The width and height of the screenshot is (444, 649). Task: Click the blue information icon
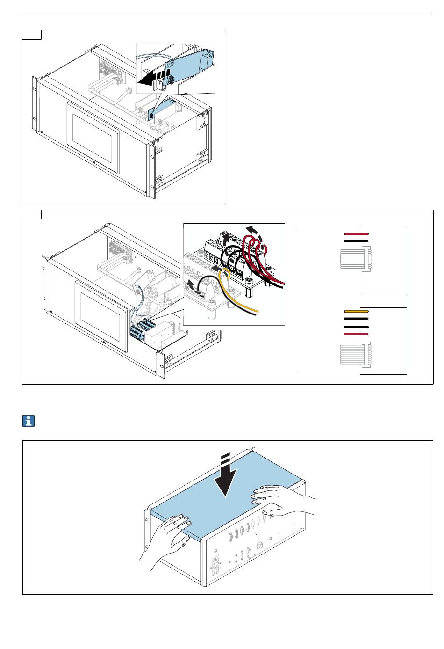(29, 421)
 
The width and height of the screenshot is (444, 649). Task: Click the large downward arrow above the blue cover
(226, 477)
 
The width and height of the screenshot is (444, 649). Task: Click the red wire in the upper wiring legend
(357, 233)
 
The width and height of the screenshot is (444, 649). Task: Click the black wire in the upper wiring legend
(357, 241)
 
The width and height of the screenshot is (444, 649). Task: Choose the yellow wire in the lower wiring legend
(357, 311)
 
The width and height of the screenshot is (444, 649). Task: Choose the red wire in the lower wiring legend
(357, 334)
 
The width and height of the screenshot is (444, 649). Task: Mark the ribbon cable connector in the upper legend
(356, 259)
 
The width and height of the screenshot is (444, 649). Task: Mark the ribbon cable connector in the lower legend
(356, 354)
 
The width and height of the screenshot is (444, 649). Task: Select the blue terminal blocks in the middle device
(142, 328)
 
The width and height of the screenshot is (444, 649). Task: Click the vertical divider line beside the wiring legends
(297, 299)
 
